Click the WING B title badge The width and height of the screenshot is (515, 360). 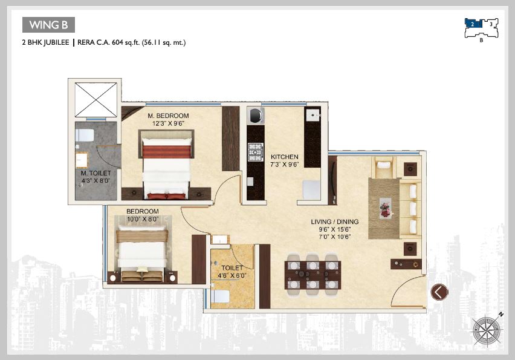tap(48, 25)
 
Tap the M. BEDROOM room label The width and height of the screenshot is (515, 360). tap(168, 116)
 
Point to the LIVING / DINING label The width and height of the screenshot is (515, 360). tap(335, 221)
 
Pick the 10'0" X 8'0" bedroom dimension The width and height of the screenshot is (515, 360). tap(143, 220)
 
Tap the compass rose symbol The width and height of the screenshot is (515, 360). tap(488, 330)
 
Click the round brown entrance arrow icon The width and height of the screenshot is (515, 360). tap(439, 292)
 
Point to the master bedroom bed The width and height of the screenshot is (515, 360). tap(167, 166)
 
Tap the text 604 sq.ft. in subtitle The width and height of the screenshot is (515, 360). tap(126, 43)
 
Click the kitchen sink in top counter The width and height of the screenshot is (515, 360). tap(313, 115)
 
